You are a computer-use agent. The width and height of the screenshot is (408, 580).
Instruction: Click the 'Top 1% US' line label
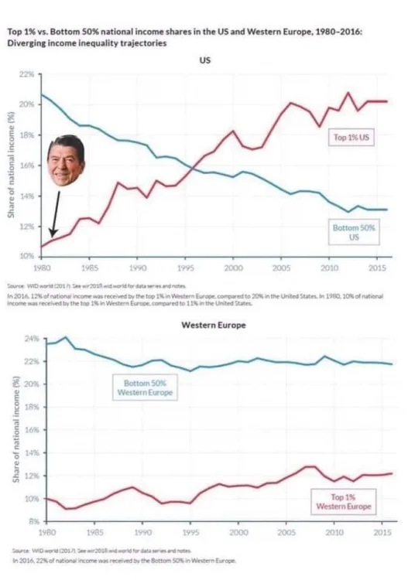click(x=353, y=137)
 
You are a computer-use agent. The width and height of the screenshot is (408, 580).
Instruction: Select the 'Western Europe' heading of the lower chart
click(x=213, y=325)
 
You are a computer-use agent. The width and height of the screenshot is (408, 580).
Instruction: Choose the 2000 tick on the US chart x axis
click(x=233, y=267)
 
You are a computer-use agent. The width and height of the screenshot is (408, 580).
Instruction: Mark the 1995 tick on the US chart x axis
click(x=186, y=267)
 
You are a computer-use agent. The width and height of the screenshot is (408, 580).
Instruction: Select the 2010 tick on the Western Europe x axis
click(x=332, y=533)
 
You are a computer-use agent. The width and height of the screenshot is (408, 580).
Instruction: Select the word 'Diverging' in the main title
click(x=26, y=43)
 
